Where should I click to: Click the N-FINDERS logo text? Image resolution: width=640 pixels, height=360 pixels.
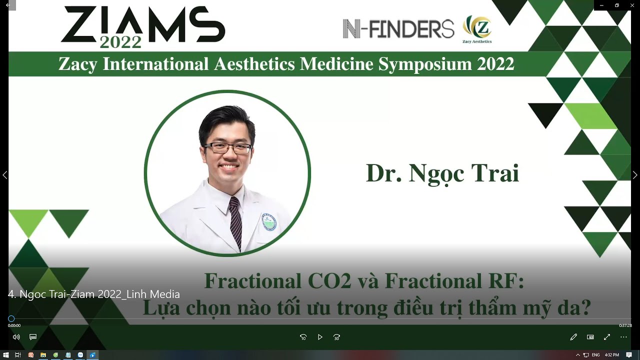(x=398, y=28)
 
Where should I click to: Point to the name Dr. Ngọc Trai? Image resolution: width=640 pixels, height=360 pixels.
(x=442, y=173)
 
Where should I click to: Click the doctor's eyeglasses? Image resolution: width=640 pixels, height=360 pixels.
(x=228, y=148)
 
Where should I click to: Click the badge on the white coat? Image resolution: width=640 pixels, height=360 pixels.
(x=269, y=221)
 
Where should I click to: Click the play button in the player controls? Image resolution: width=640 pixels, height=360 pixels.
(x=320, y=337)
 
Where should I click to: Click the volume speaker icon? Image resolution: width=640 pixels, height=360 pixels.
(x=16, y=337)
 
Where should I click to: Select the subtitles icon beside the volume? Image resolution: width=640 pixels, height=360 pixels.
(x=33, y=337)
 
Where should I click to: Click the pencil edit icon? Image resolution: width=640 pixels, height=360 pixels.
(x=573, y=337)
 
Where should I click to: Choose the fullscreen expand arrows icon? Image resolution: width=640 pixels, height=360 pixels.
(x=607, y=337)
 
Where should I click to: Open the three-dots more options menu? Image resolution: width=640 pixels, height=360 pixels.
(x=623, y=337)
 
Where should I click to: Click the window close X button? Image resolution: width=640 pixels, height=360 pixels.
(x=632, y=5)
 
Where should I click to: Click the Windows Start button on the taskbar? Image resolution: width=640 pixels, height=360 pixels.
(x=6, y=355)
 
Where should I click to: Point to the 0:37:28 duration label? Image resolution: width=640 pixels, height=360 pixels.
(x=625, y=325)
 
